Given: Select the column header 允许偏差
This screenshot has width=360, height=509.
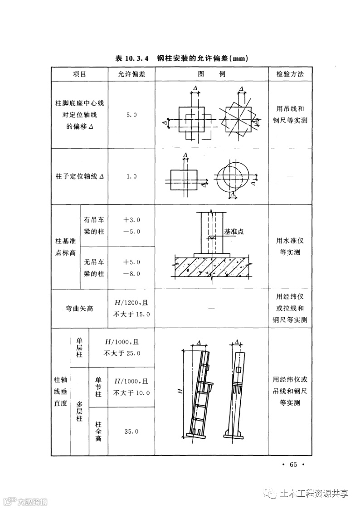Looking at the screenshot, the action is [131, 74].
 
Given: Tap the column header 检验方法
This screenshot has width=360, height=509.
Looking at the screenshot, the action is [290, 74].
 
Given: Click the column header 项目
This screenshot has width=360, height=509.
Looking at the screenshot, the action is [79, 74].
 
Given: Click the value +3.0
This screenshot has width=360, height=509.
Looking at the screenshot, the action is [131, 220].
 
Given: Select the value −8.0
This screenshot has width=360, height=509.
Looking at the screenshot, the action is [131, 274].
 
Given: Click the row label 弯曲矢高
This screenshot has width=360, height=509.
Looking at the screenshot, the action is [79, 309].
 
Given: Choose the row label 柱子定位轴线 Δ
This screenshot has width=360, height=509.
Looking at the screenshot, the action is [79, 176].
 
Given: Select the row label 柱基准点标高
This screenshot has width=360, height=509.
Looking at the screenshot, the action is [65, 247].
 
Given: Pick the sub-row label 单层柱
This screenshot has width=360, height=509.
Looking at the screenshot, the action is [79, 347].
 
